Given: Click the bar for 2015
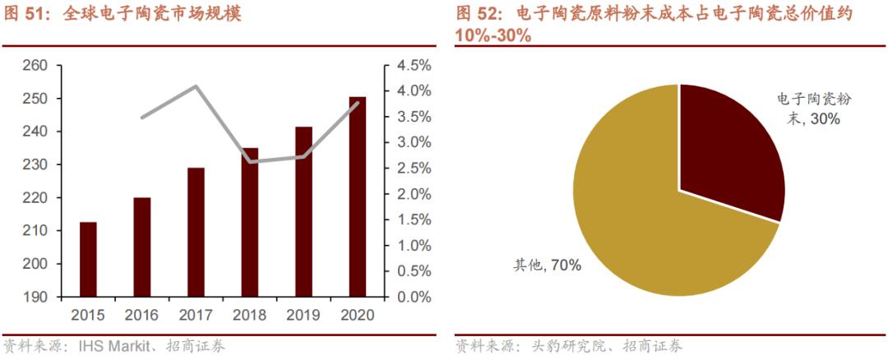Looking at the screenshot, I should (88, 259).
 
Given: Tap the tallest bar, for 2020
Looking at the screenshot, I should (358, 196).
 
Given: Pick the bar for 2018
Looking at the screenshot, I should (250, 222).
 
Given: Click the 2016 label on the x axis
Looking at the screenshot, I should (141, 315).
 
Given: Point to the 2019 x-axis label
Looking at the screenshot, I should (303, 315).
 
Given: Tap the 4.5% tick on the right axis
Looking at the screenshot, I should (414, 66).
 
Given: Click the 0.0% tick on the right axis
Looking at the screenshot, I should (414, 297).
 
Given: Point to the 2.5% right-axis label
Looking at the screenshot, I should (414, 168).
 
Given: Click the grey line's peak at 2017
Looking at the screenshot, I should (196, 86).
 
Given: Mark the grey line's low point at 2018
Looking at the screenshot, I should (250, 162).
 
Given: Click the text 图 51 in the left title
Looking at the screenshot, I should (25, 14).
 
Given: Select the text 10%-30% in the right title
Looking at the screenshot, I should (493, 35).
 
